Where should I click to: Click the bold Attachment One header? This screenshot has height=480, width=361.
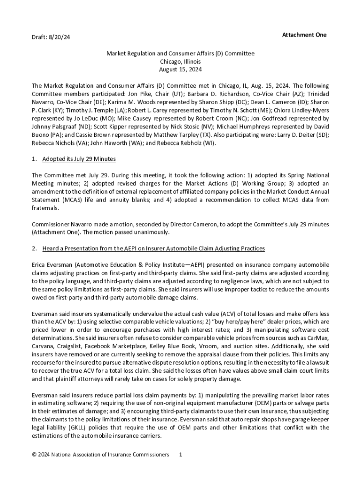(304, 35)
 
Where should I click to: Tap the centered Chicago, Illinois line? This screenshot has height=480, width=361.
(180, 61)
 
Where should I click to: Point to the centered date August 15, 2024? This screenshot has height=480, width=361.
(180, 69)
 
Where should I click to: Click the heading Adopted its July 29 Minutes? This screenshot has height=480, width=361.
(79, 159)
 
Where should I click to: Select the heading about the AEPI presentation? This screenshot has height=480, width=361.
(153, 248)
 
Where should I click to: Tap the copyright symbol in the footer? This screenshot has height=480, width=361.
(34, 454)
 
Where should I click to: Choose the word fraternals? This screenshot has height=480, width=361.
(45, 208)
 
